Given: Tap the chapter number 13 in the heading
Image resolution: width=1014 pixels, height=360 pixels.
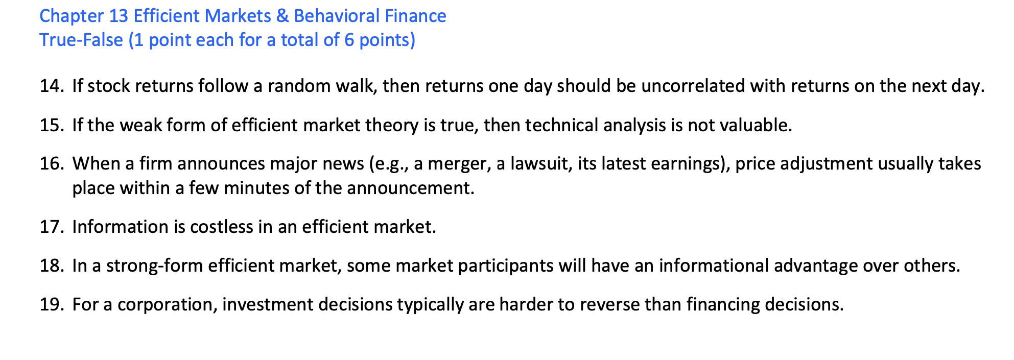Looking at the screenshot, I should point(119,16).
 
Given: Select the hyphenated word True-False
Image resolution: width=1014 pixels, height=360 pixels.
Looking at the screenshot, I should point(81,40).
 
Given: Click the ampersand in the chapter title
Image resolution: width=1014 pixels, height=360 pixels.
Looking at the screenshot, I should point(282,16).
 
